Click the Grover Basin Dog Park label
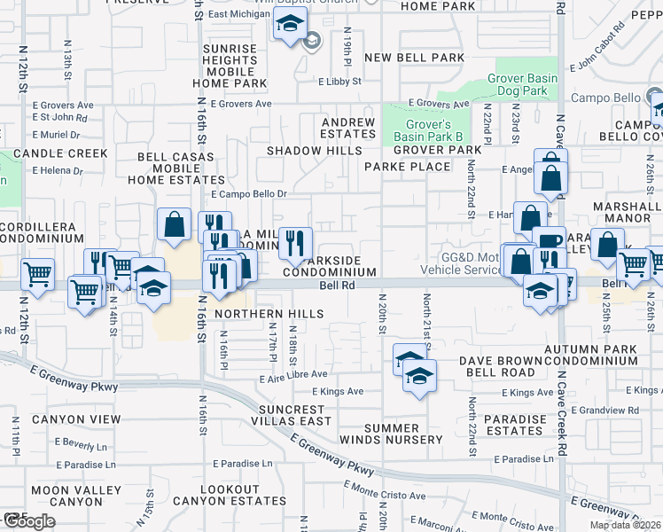pos(522,84)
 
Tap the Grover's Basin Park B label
pos(422,130)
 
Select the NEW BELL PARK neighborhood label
pos(415,58)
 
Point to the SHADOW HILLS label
pos(308,151)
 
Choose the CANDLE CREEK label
pos(59,153)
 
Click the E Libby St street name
pos(340,82)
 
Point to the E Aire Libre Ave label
pos(293,376)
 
